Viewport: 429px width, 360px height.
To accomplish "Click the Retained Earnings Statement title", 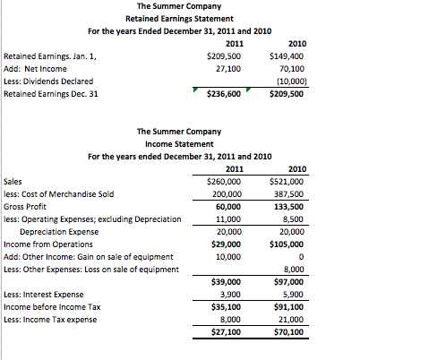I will tap(179, 18).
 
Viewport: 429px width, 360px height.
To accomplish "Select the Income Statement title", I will tap(179, 143).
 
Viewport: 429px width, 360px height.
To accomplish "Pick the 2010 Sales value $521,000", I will tap(287, 180).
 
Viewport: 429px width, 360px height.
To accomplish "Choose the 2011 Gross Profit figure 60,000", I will tap(232, 205).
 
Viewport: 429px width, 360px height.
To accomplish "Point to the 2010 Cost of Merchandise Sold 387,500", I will tap(289, 193).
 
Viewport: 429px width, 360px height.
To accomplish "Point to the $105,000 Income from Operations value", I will tap(287, 243).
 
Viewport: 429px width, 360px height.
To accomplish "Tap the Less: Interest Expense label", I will tap(43, 294).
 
